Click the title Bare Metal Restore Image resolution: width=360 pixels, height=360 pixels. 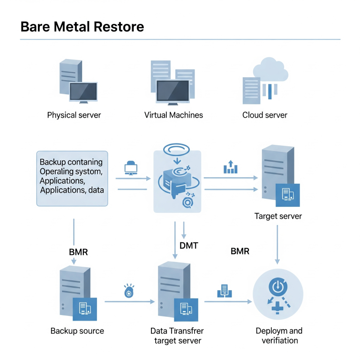[x=82, y=26]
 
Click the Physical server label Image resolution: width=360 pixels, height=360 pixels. [x=74, y=115]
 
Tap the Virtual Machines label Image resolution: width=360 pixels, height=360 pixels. [x=173, y=115]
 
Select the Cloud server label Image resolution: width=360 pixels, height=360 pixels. [x=265, y=115]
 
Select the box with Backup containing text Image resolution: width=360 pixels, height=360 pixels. [x=72, y=178]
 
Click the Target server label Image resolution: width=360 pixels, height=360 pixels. [x=278, y=216]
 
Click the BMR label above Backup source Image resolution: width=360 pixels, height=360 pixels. [x=78, y=252]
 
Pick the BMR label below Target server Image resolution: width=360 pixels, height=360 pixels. [x=240, y=251]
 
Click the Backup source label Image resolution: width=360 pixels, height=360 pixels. [x=77, y=331]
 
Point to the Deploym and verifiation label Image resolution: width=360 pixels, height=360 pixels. [x=279, y=336]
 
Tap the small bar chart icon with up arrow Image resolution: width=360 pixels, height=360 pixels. [x=231, y=167]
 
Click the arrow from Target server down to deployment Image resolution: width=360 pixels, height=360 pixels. [x=277, y=244]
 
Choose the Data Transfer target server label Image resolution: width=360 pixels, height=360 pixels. [x=177, y=336]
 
